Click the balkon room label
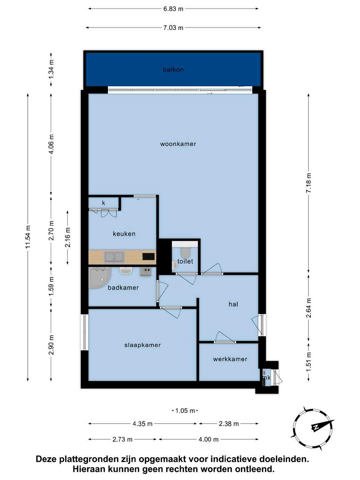pyautogui.click(x=173, y=70)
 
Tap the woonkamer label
pyautogui.click(x=178, y=144)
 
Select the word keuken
pyautogui.click(x=124, y=234)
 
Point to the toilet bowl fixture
pyautogui.click(x=186, y=252)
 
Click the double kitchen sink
pyautogui.click(x=114, y=257)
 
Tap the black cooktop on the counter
pyautogui.click(x=148, y=256)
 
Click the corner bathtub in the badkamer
pyautogui.click(x=100, y=278)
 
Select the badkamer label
pyautogui.click(x=123, y=288)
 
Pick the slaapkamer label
pyautogui.click(x=143, y=345)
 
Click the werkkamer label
pyautogui.click(x=230, y=359)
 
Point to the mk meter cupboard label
pyautogui.click(x=266, y=377)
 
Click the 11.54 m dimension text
pyautogui.click(x=28, y=237)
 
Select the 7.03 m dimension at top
pyautogui.click(x=173, y=28)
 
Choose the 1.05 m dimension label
pyautogui.click(x=185, y=411)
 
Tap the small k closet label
pyautogui.click(x=103, y=203)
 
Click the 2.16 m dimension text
pyautogui.click(x=68, y=237)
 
